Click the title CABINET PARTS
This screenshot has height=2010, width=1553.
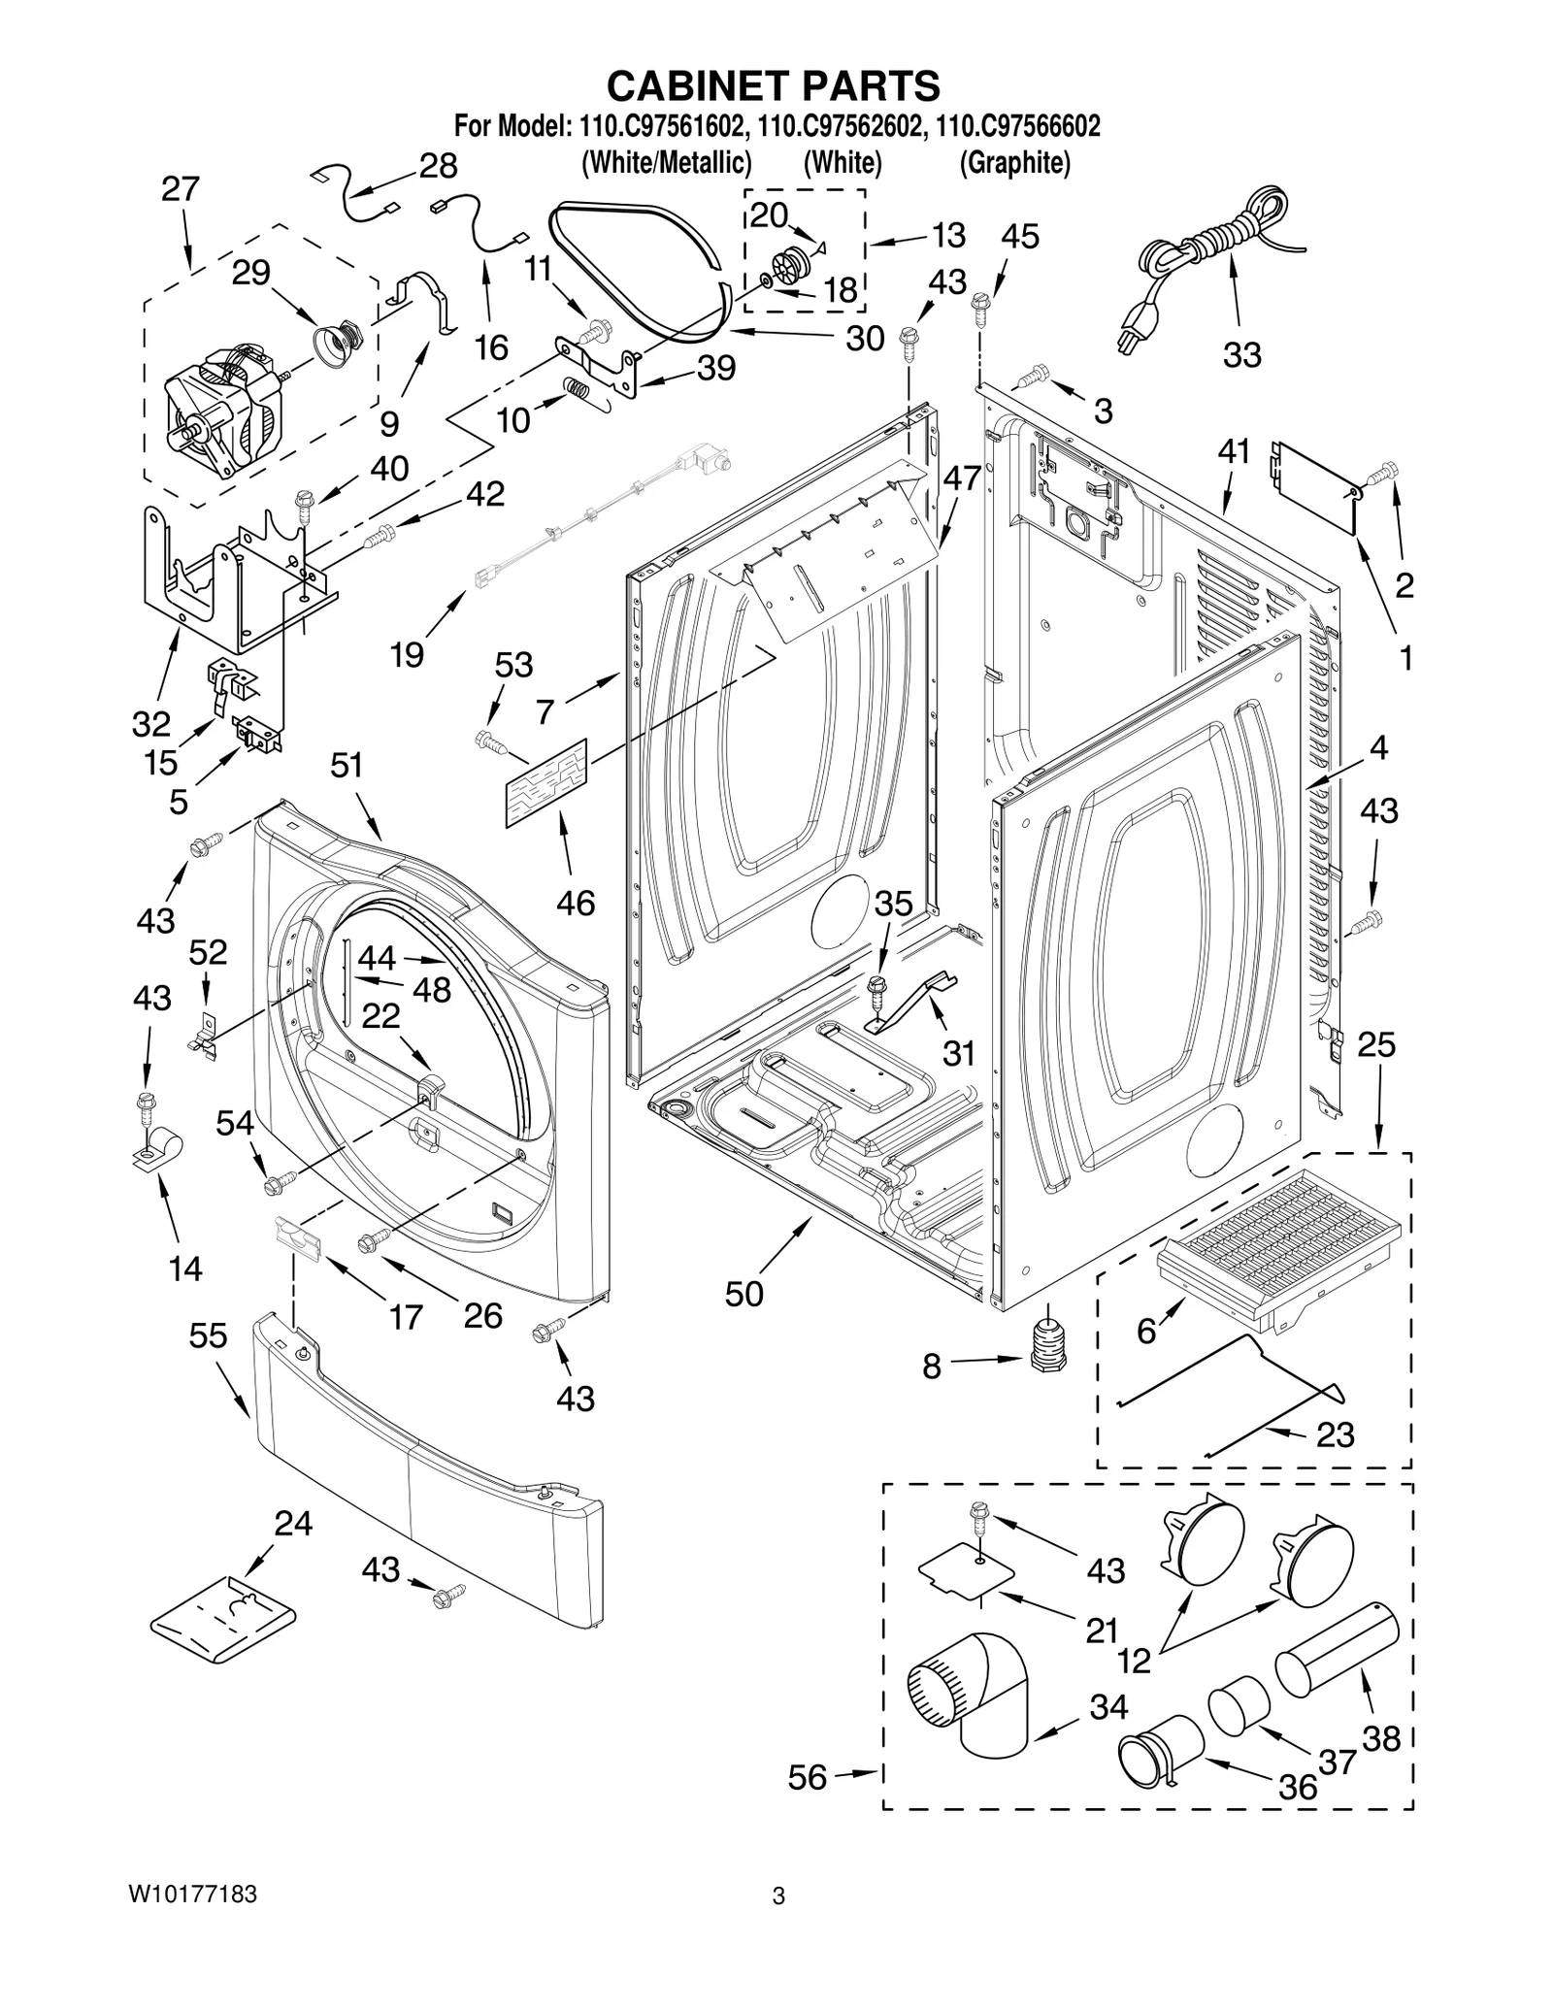[x=773, y=85]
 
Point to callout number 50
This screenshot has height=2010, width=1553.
[x=743, y=1294]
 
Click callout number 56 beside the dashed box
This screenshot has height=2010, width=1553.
[x=808, y=1778]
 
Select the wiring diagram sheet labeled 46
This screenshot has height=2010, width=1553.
[x=546, y=782]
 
